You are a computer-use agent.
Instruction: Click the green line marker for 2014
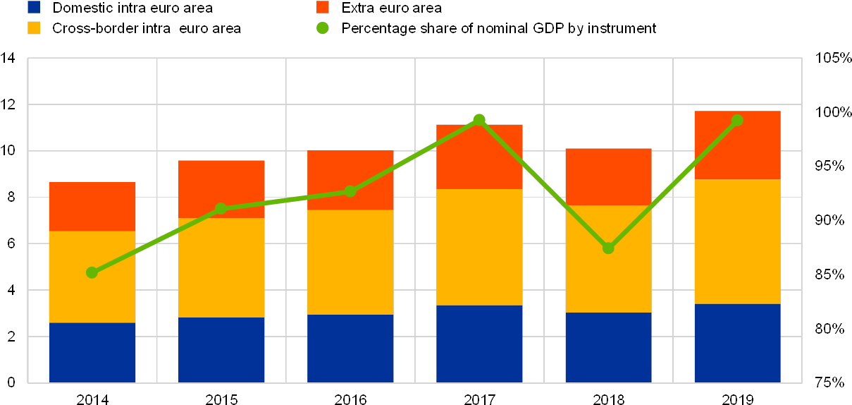click(x=92, y=272)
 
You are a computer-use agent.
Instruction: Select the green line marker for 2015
click(x=221, y=208)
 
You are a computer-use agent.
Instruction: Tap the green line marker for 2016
click(x=350, y=191)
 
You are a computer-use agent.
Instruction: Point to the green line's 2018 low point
click(x=609, y=248)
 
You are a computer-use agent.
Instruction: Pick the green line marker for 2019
click(x=737, y=120)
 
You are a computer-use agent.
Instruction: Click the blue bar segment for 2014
click(x=92, y=352)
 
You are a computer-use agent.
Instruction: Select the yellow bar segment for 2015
click(x=221, y=267)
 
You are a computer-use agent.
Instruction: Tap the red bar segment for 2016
click(x=350, y=180)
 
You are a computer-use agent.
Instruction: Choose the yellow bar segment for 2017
click(x=479, y=247)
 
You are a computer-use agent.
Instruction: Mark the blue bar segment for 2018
click(x=609, y=347)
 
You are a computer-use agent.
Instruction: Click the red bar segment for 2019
click(x=737, y=145)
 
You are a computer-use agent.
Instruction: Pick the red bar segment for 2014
click(x=92, y=206)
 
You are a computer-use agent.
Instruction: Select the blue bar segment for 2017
click(x=479, y=344)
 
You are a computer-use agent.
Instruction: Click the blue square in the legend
click(x=34, y=8)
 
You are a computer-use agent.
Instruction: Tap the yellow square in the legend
click(x=34, y=28)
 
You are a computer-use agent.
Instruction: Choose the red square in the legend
click(x=323, y=8)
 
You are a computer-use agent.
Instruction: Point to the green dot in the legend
click(x=323, y=28)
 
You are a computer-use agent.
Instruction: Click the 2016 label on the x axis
click(x=350, y=399)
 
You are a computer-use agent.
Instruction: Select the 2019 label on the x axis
click(x=737, y=399)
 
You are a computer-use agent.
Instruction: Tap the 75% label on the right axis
click(x=830, y=383)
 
